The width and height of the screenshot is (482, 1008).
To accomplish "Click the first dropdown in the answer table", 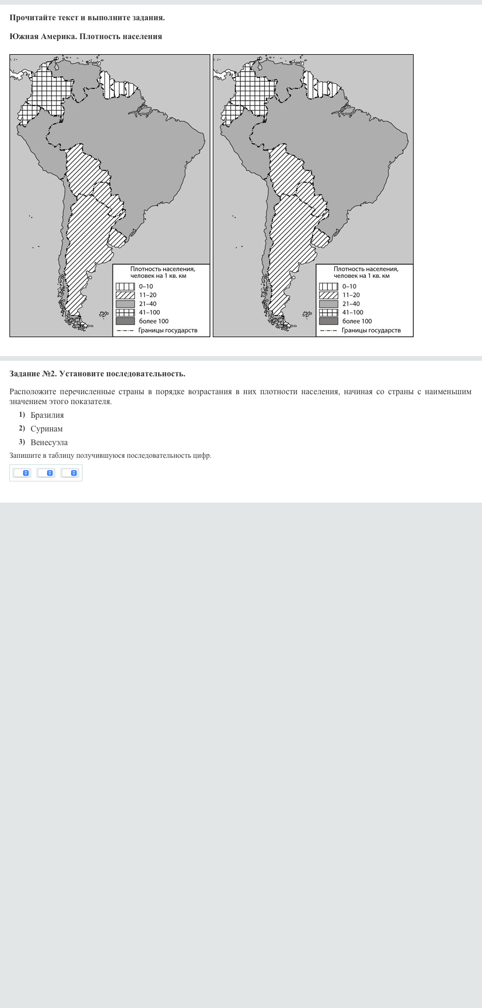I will tap(22, 473).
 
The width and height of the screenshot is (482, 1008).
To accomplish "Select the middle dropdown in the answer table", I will tap(46, 473).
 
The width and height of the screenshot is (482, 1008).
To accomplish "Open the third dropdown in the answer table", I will tap(70, 473).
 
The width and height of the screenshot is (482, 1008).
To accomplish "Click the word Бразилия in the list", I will tap(47, 415).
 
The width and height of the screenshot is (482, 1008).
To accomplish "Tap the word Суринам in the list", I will tap(47, 429).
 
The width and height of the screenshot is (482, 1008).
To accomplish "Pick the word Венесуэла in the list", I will tap(49, 442).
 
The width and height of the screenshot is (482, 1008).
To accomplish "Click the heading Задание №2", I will tap(97, 374).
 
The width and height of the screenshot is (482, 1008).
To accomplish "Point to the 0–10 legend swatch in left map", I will tap(125, 286).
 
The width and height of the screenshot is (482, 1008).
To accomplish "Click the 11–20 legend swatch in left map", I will tap(125, 295).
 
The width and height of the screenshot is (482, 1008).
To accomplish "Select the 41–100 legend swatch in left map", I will tap(125, 312).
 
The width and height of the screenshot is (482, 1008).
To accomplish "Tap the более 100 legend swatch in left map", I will tap(125, 321).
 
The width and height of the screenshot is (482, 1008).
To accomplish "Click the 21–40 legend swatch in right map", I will tap(329, 304).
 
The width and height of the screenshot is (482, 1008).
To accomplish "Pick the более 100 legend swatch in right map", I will tap(329, 321).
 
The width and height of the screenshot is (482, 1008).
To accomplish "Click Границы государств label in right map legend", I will tap(371, 330).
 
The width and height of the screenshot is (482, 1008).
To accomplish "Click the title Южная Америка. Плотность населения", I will tap(86, 36).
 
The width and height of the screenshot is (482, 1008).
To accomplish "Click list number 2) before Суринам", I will tap(22, 428).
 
